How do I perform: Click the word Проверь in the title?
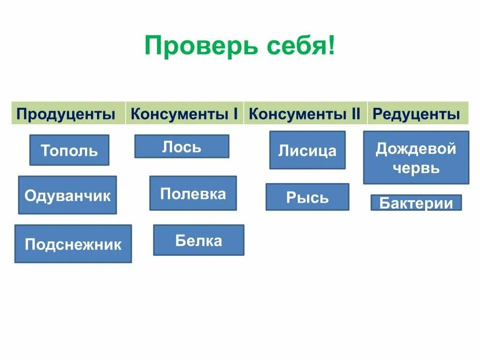(201, 46)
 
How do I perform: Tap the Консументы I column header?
(184, 113)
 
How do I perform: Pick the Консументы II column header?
(305, 113)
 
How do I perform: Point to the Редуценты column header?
(416, 114)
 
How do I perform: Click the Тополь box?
(69, 150)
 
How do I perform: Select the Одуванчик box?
(67, 195)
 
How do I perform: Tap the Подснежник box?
(73, 244)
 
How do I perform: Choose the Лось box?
(182, 147)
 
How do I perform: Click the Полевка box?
(193, 193)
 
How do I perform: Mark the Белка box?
(199, 240)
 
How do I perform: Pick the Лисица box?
(307, 150)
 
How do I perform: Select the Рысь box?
(307, 197)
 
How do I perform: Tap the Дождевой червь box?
(416, 157)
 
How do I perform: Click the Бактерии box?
(416, 203)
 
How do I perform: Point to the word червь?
(416, 168)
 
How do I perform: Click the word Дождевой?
(416, 149)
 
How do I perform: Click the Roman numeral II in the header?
(355, 113)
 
